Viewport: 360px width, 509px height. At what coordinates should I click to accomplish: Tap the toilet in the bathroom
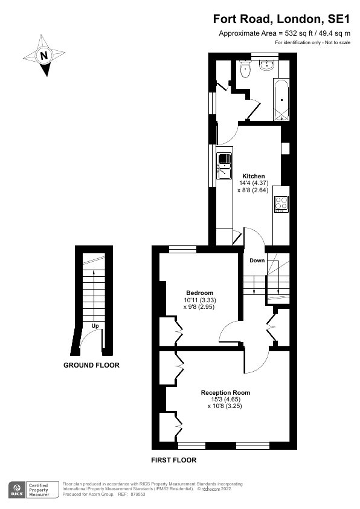coord(245,69)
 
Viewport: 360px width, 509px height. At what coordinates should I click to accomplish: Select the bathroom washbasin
coord(268,65)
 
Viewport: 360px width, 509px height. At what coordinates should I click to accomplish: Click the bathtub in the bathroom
coord(281,99)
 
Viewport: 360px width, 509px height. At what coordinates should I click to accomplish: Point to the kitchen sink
coord(224,166)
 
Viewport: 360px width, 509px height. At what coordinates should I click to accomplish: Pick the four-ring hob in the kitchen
coord(281,204)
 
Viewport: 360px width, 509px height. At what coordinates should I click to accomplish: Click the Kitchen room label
coord(254,177)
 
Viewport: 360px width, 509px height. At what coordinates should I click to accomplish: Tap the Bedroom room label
coord(200,293)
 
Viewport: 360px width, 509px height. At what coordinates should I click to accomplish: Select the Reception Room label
coord(225,392)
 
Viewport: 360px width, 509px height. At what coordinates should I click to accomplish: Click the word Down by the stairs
coord(257,261)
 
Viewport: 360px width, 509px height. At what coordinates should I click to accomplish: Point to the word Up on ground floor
coord(95,326)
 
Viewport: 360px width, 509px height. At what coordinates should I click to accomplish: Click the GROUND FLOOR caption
coord(91,365)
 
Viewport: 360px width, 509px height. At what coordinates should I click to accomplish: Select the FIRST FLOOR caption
coord(174,460)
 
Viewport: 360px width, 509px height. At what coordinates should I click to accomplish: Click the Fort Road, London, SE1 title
coord(281,19)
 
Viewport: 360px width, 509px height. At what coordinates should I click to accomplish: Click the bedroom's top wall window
coord(182,249)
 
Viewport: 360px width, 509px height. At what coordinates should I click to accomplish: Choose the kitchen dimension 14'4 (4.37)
coord(254,183)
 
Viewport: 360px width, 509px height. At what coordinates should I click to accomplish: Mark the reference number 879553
coord(138,494)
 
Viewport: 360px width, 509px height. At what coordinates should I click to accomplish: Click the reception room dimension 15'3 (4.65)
coord(225,399)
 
